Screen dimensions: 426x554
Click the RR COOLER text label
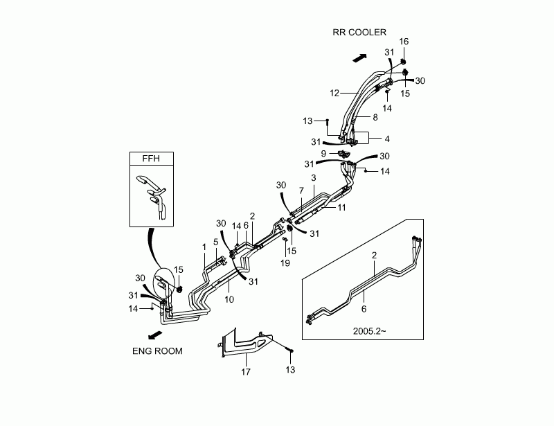pos(358,32)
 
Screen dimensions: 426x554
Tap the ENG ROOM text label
pos(157,351)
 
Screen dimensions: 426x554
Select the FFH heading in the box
pos(151,158)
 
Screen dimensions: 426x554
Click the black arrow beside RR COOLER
pos(359,56)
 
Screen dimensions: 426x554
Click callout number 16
pos(404,42)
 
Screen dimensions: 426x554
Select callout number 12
pos(334,92)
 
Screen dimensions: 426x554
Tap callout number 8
pos(375,117)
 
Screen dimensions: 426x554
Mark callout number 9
pos(323,152)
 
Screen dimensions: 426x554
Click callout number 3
pos(314,178)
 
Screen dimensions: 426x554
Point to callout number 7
pos(301,190)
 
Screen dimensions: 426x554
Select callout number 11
pos(341,207)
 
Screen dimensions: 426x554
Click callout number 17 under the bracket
pos(246,372)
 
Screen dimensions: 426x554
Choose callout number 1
pos(204,247)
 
